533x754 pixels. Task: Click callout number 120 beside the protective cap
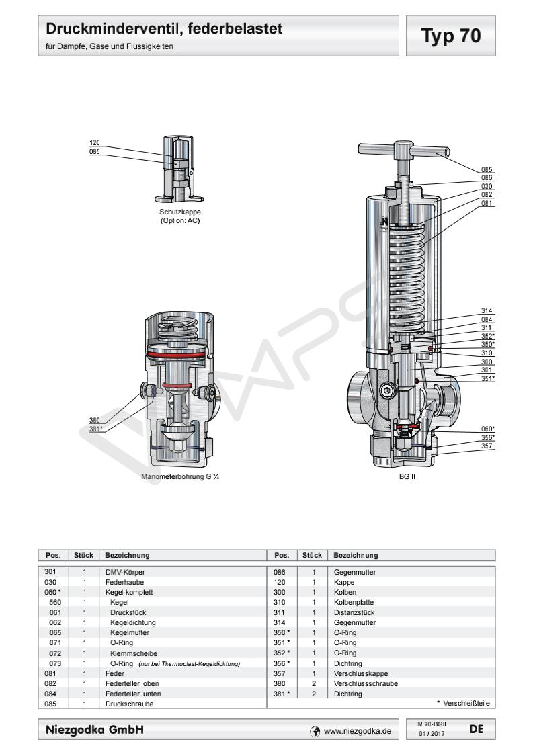[95, 143]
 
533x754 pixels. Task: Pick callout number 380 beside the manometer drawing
[95, 420]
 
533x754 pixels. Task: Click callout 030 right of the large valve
[487, 186]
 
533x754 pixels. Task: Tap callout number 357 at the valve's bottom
[487, 446]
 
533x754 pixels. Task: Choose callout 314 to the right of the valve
[487, 311]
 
